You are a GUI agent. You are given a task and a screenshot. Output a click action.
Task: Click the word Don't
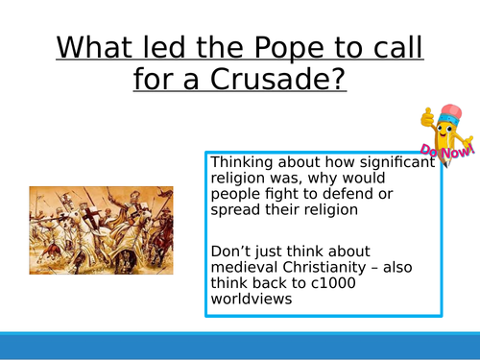[x=230, y=252]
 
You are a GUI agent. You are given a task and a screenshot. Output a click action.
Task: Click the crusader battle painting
[x=101, y=230]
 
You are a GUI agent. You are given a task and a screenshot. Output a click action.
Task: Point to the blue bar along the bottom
[x=240, y=347]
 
